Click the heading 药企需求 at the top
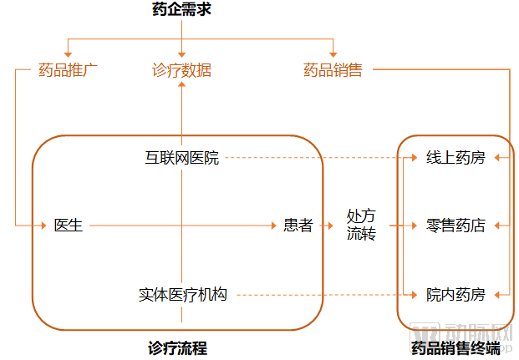click(181, 10)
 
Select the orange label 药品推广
click(69, 70)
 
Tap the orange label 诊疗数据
click(181, 70)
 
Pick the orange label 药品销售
click(333, 70)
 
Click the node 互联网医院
click(181, 158)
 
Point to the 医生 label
click(69, 226)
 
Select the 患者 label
click(298, 226)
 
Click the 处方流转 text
click(362, 226)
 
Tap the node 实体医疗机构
click(181, 295)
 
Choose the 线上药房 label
click(455, 158)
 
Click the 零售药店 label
click(455, 226)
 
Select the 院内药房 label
click(455, 295)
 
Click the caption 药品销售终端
click(455, 347)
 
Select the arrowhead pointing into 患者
click(274, 226)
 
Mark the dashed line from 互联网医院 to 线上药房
click(318, 158)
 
